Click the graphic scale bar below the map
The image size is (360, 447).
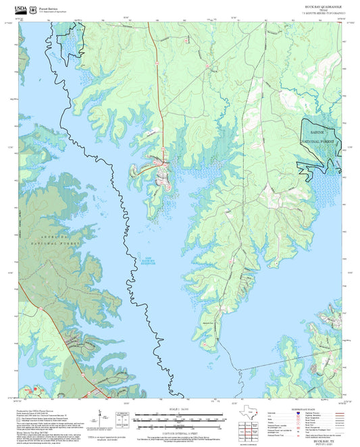(x=180, y=419)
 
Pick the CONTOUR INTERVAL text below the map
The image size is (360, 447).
(x=180, y=431)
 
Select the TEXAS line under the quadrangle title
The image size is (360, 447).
(x=323, y=10)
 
